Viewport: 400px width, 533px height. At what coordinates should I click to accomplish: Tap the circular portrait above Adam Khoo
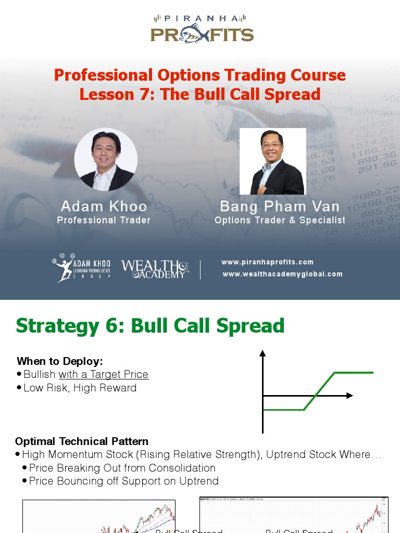click(106, 159)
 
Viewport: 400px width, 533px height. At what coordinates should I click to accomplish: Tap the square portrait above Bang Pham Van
click(272, 161)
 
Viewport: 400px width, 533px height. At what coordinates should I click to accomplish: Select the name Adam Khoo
click(104, 206)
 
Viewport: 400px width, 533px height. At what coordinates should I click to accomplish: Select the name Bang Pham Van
click(280, 206)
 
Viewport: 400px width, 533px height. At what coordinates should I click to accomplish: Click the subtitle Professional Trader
click(104, 220)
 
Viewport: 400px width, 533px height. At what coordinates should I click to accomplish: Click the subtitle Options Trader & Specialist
click(280, 220)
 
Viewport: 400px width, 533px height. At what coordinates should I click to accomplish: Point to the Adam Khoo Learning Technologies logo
click(81, 268)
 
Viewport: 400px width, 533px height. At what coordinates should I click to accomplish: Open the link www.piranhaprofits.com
click(267, 262)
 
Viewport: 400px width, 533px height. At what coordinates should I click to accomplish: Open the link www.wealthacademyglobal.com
click(282, 274)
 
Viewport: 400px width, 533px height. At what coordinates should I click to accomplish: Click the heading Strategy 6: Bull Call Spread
click(150, 326)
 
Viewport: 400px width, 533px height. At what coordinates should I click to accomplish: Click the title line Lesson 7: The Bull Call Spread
click(199, 94)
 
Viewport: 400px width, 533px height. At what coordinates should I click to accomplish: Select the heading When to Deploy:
click(60, 361)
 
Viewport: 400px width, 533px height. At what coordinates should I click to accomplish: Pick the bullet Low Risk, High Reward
click(80, 388)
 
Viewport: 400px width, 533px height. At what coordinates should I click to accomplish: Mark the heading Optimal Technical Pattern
click(82, 441)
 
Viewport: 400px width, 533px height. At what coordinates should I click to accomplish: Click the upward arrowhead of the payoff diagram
click(262, 353)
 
